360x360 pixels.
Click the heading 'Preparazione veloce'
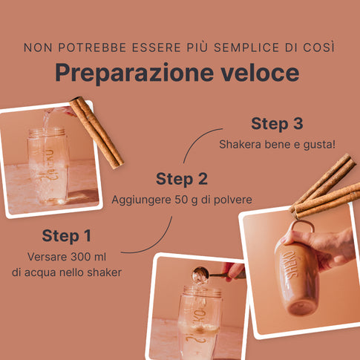tap(177, 73)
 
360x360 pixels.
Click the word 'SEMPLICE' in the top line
tap(246, 48)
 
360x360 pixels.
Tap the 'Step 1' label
tap(67, 235)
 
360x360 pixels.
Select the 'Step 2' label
tap(182, 179)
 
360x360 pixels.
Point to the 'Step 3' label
tap(277, 123)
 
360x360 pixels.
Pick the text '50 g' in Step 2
tap(186, 200)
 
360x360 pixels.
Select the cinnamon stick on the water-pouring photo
tap(96, 133)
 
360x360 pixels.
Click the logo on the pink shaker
tap(289, 264)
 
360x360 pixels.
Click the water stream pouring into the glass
tap(47, 121)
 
